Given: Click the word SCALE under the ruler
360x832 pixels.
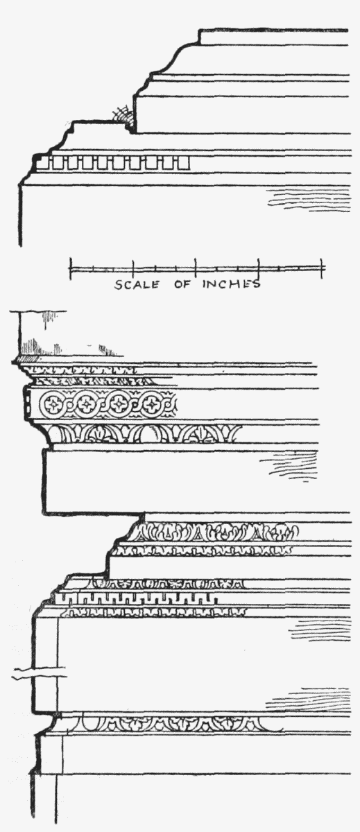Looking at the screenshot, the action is [x=137, y=284].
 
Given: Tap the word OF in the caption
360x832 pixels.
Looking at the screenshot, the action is [x=182, y=284].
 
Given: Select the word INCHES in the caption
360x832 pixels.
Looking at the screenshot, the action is [x=232, y=284].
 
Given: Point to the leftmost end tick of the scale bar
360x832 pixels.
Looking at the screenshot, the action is [x=70, y=268].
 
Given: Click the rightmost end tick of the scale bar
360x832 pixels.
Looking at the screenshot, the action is [x=321, y=268].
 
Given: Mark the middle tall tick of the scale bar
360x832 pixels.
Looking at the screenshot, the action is [x=196, y=268].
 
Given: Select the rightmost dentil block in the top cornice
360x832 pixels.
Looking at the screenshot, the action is [x=183, y=163].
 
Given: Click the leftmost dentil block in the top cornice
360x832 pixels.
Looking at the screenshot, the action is [x=45, y=163].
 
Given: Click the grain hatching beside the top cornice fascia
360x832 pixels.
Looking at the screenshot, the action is [x=309, y=200].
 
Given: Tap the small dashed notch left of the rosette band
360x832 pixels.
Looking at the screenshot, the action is [x=27, y=403].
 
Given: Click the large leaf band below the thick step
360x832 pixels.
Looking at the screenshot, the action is [x=214, y=532].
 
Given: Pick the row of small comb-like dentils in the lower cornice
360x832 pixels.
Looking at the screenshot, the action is [x=137, y=598].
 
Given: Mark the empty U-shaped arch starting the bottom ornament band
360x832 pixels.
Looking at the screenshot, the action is [x=85, y=721].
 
